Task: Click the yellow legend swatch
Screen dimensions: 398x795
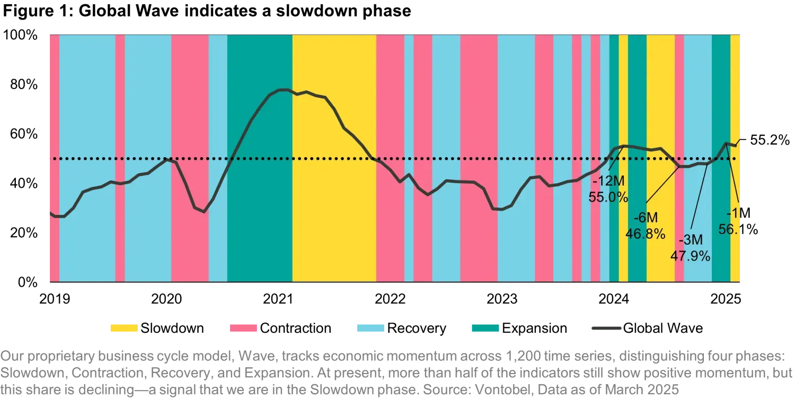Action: point(125,328)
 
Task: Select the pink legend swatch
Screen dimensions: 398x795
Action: point(243,328)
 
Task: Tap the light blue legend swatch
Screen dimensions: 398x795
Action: point(370,328)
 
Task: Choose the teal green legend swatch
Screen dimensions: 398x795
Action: point(485,328)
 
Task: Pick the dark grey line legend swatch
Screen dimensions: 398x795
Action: point(606,327)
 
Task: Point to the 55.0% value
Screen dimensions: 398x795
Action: point(608,197)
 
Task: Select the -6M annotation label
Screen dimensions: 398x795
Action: point(646,218)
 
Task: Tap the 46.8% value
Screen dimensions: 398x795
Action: point(645,233)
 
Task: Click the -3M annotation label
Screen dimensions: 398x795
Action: point(690,240)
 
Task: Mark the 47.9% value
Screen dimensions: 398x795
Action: point(690,256)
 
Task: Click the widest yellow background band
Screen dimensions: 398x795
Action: point(334,212)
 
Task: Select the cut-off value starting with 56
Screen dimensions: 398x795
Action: point(730,229)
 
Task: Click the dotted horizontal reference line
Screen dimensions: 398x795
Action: point(424,159)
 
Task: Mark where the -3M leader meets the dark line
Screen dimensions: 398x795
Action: point(707,165)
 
